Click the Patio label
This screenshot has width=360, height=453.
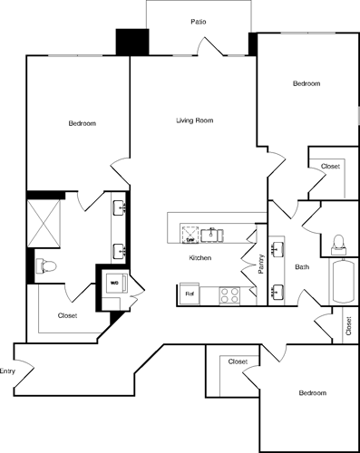[x=197, y=20]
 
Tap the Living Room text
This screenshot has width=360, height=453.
[x=194, y=120]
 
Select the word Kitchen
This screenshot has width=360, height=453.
[x=199, y=258]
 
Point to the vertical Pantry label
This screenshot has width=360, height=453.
[x=261, y=265]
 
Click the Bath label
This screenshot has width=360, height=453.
[x=302, y=267]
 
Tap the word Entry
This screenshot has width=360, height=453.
[x=8, y=371]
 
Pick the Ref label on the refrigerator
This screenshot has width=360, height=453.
[x=190, y=294]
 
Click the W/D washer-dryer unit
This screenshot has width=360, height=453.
[x=114, y=283]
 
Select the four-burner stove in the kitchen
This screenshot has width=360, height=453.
[x=228, y=294]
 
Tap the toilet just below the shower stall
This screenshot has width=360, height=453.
[x=46, y=266]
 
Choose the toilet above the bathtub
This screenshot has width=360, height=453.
[x=340, y=242]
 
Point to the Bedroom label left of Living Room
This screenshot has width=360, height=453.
[x=83, y=123]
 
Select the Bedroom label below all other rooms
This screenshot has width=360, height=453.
[x=313, y=392]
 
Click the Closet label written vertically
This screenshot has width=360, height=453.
[x=348, y=326]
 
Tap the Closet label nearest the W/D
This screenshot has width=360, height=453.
[x=67, y=314]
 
